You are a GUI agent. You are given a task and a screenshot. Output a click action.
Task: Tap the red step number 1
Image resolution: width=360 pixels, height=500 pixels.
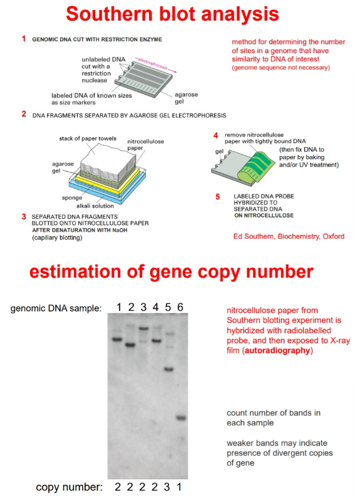24,39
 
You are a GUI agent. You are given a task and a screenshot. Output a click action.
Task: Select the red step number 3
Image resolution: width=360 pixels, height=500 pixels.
24,217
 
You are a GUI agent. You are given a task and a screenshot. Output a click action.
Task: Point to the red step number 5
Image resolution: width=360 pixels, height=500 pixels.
218,197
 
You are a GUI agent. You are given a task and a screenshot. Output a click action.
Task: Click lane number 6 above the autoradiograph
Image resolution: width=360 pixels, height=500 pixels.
180,306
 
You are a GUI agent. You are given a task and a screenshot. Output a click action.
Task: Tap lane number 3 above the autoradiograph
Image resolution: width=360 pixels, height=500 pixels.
143,306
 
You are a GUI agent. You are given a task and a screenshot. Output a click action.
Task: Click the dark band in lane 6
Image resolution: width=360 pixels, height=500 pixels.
180,417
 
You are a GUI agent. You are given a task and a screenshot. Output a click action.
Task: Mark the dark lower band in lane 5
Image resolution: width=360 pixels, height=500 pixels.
168,368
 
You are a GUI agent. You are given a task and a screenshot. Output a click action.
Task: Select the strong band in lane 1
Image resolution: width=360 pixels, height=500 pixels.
117,340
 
